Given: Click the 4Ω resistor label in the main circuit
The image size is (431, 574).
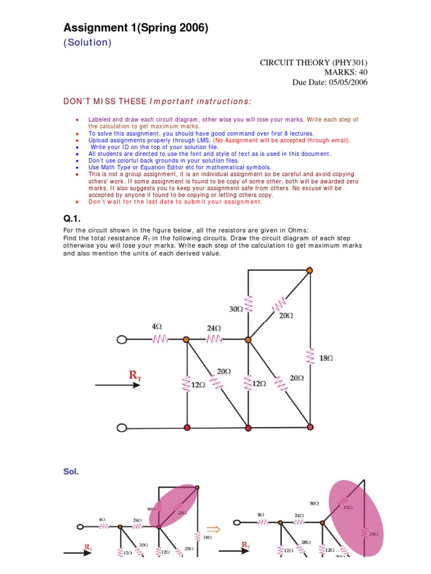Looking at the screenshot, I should [x=157, y=326].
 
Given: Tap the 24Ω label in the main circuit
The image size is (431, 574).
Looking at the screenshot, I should [x=214, y=328].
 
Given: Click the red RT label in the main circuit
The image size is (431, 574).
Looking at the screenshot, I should [x=135, y=376].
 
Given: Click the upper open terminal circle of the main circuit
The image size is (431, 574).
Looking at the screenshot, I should [x=122, y=339].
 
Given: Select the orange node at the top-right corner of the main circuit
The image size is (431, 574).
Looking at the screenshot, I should [x=310, y=271].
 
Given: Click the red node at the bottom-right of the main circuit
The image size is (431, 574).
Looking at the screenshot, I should [x=310, y=427].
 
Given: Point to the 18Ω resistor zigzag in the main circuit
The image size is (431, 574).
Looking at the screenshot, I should [x=310, y=356].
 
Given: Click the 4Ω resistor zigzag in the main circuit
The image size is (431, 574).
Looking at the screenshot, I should [x=161, y=339].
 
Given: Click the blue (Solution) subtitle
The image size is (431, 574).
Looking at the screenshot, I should [x=87, y=43].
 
